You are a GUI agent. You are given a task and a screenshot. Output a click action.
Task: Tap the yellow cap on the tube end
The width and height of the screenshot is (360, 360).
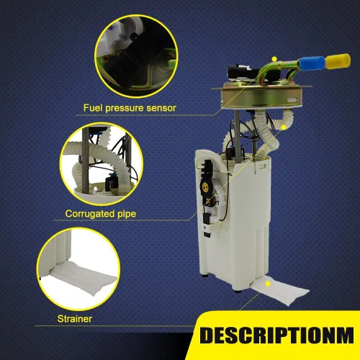338,61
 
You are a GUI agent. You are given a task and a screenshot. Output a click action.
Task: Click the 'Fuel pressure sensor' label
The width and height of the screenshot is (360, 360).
130,108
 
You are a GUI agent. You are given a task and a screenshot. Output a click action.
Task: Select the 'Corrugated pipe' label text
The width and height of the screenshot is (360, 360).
101,214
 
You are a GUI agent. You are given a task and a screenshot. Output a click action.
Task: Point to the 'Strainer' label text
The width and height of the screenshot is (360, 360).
75,319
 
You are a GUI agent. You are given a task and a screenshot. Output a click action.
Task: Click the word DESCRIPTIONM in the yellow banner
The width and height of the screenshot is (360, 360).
276,335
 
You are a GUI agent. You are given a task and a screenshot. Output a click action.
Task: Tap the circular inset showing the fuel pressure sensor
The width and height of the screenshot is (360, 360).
136,56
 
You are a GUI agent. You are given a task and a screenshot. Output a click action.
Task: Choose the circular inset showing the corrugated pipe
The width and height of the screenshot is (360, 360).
102,164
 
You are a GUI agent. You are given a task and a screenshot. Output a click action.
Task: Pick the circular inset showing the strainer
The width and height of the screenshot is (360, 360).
78,269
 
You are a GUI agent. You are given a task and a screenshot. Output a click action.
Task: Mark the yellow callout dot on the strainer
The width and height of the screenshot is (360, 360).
268,284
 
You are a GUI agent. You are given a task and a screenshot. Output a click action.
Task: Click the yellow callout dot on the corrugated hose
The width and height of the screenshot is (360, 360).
284,127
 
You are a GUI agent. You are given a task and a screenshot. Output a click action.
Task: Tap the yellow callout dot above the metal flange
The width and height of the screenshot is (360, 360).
274,58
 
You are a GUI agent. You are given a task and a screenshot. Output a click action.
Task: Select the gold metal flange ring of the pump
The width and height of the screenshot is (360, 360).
261,96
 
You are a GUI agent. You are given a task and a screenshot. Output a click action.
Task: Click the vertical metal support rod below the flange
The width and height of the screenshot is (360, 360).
237,135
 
